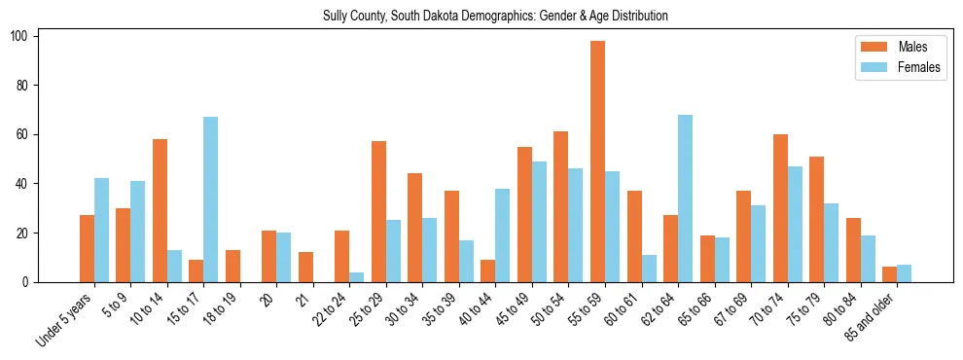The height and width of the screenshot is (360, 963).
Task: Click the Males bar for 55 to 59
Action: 597,162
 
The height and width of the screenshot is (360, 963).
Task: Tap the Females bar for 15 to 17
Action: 210,199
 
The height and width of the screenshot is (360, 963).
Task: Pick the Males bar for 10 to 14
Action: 160,210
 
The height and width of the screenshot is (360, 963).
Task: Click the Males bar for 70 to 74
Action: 780,208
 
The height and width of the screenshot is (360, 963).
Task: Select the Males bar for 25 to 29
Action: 378,212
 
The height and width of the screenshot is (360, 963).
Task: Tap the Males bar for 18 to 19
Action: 232,266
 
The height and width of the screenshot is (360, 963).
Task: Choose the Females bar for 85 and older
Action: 904,273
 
